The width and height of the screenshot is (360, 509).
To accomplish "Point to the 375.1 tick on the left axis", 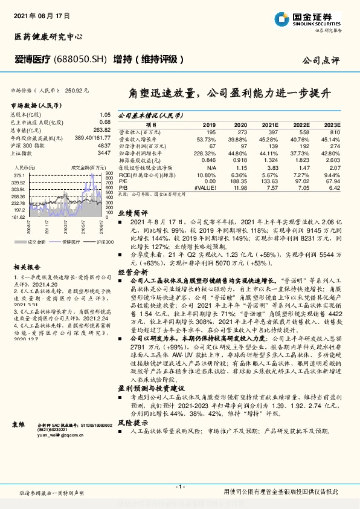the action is coord(17,174).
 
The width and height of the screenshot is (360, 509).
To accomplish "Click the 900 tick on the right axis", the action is coord(109,173).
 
